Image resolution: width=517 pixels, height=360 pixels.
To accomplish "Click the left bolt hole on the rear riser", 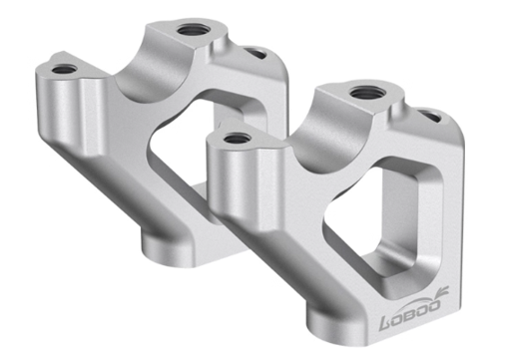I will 64,70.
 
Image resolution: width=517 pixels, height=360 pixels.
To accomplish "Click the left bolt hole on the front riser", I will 236,138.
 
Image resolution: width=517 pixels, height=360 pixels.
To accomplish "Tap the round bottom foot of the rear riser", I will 165,239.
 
